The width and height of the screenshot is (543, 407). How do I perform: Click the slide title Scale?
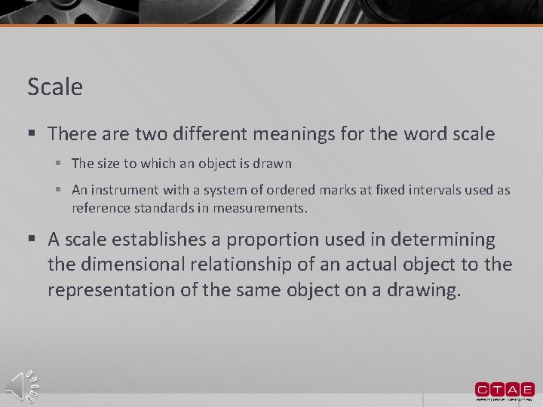pyautogui.click(x=55, y=87)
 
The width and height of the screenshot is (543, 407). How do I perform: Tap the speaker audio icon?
pyautogui.click(x=21, y=385)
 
